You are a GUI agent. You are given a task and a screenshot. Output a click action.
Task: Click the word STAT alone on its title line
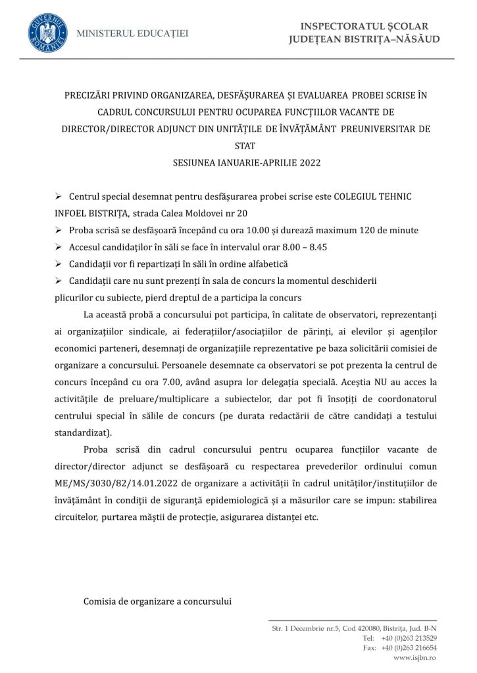(244, 146)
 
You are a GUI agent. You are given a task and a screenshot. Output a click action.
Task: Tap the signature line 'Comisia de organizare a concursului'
(157, 601)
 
